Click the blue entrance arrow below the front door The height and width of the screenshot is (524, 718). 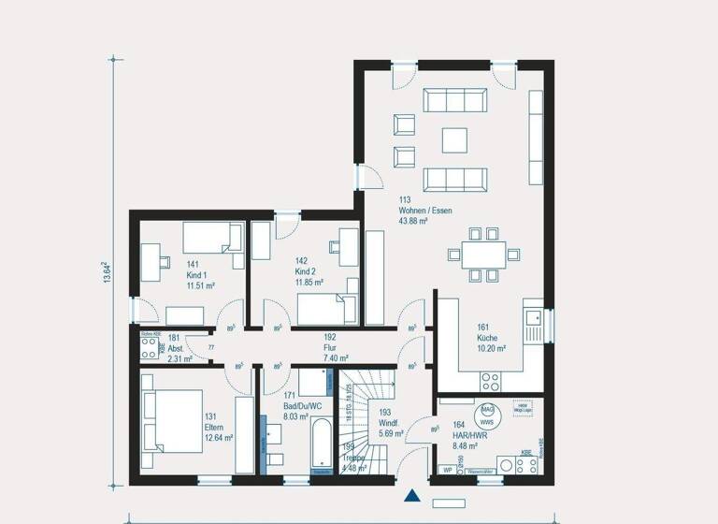click(410, 496)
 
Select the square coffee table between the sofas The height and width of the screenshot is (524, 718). click(455, 139)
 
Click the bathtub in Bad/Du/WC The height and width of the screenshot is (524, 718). click(319, 446)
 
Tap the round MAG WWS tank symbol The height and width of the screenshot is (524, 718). click(487, 415)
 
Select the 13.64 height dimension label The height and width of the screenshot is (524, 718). click(106, 272)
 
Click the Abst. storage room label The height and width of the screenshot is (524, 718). click(177, 347)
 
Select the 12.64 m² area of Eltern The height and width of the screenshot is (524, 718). click(219, 437)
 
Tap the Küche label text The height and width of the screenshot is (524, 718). click(486, 338)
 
